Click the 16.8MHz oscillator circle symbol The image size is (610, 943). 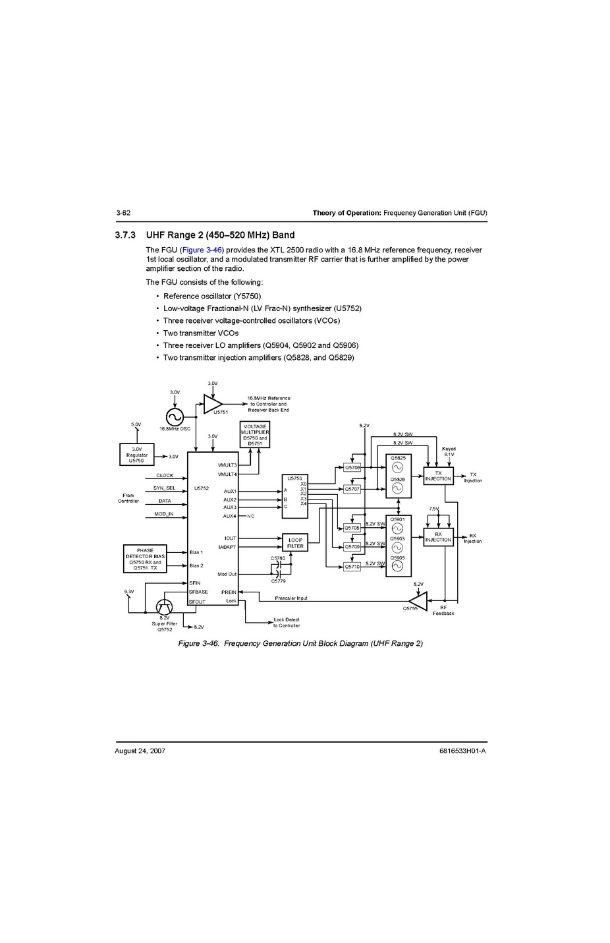(175, 416)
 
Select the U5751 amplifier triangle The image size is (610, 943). (211, 403)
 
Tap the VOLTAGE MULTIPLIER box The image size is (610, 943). (255, 435)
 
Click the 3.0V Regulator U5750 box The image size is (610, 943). (136, 455)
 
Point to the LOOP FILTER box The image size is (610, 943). (295, 543)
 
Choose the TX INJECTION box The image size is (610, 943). (438, 476)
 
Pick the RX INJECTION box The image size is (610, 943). (438, 537)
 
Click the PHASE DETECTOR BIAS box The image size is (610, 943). (145, 559)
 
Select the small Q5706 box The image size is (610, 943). (352, 467)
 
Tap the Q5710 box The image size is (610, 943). (352, 567)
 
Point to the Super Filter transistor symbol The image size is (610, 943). (164, 607)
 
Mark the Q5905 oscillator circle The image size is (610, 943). (397, 566)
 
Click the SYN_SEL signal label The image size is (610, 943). (164, 488)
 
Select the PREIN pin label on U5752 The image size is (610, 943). (229, 592)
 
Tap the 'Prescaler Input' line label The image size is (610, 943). (291, 598)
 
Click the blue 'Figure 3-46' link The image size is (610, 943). (202, 250)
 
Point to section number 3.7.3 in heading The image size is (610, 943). (125, 235)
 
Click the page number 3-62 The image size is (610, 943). (123, 213)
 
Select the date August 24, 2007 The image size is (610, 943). (140, 751)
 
